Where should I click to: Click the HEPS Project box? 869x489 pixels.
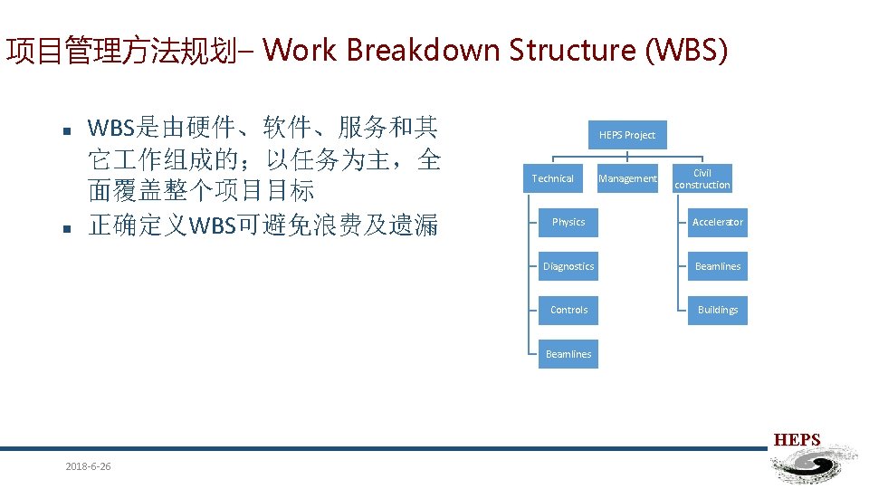tap(627, 135)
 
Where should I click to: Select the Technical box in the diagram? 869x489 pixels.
tap(552, 178)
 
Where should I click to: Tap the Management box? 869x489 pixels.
tap(627, 178)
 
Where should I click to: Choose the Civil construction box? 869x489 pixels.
tap(702, 178)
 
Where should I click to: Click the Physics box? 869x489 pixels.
tap(568, 222)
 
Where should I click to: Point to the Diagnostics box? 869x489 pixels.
tap(568, 266)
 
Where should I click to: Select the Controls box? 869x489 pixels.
tap(568, 310)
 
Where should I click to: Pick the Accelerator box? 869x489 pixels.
tap(718, 222)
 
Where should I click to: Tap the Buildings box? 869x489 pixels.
tap(718, 310)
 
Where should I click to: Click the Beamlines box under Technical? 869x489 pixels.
tap(568, 354)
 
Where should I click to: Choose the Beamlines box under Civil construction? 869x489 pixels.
tap(718, 266)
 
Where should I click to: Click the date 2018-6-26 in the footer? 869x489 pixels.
tap(88, 466)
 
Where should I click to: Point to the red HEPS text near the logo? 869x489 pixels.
tap(797, 441)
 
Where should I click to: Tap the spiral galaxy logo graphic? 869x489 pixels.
tap(811, 465)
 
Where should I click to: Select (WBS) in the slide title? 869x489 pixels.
tap(684, 50)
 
